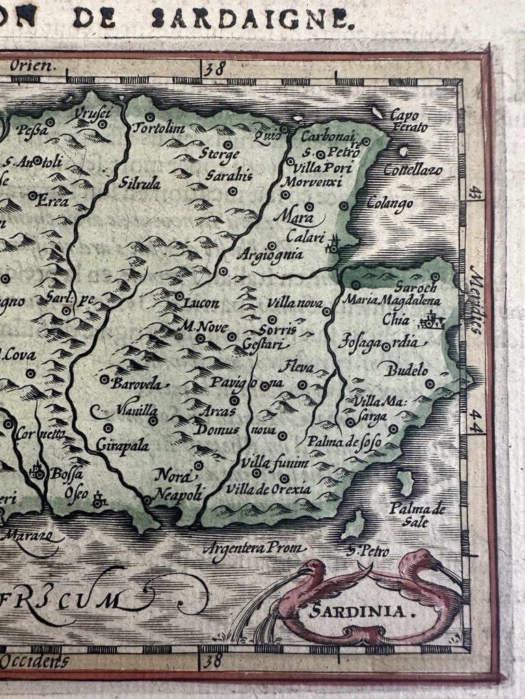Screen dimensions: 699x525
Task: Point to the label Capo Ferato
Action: (408, 121)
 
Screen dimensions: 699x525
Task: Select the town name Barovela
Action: (137, 384)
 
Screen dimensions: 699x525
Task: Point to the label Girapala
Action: (122, 445)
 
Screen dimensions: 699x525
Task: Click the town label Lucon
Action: (202, 304)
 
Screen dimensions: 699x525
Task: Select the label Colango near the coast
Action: (389, 203)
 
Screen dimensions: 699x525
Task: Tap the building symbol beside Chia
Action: (433, 319)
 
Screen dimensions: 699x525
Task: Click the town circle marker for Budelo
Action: (430, 384)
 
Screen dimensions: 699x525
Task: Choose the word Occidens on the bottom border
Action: (36, 660)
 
